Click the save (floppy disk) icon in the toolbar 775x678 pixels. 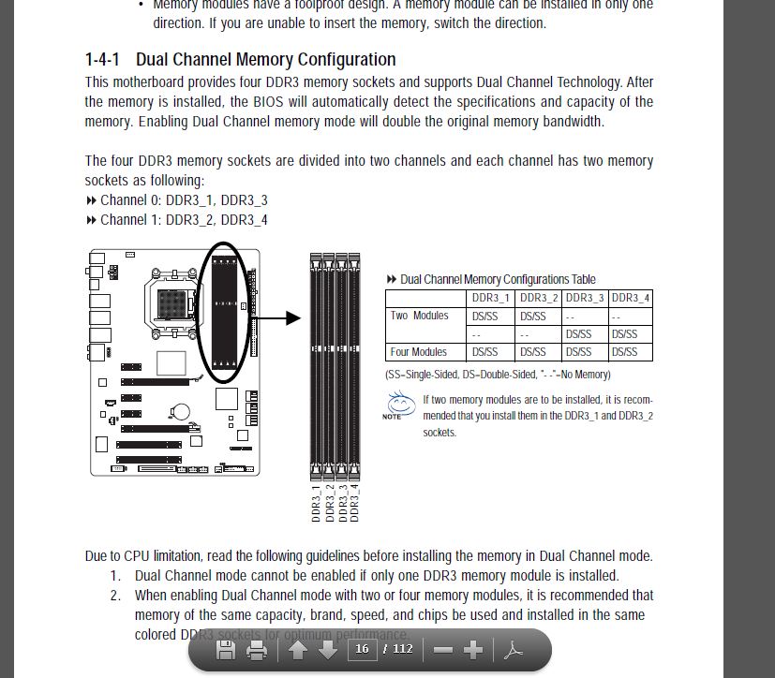(226, 650)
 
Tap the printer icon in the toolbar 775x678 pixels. (257, 650)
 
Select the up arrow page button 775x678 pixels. (298, 650)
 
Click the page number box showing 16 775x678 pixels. (362, 649)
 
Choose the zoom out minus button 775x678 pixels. (443, 650)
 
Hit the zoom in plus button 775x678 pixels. (473, 650)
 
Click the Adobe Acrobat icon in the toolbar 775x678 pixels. (514, 650)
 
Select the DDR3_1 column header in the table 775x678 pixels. (491, 298)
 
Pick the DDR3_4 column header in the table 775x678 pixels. (630, 298)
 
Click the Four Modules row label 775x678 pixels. (419, 352)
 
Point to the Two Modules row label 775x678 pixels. (419, 316)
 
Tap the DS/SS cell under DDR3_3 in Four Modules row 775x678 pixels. (579, 352)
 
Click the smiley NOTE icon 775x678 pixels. (399, 405)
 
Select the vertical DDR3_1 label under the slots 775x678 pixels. (317, 503)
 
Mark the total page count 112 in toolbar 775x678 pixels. (403, 649)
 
